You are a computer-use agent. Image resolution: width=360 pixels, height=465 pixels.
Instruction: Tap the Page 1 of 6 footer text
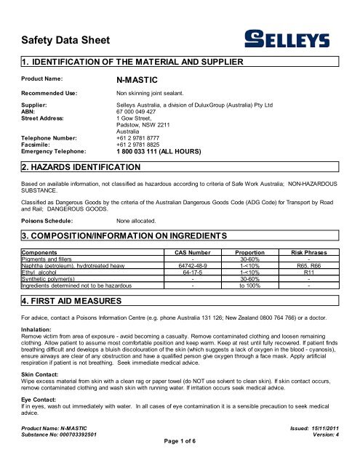180,460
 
